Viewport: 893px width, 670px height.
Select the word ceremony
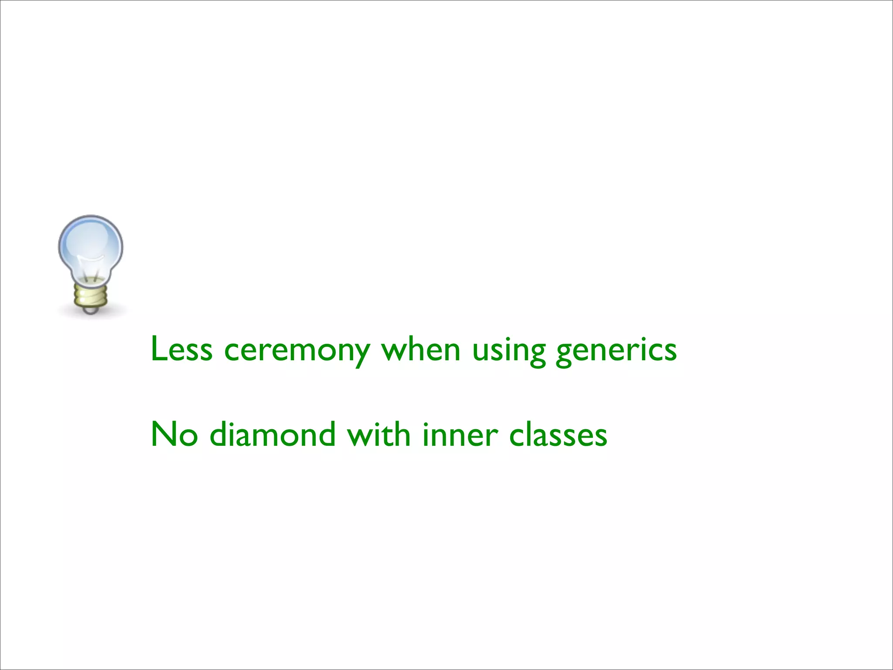pyautogui.click(x=297, y=351)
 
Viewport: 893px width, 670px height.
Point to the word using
pyautogui.click(x=509, y=351)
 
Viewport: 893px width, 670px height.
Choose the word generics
pyautogui.click(x=616, y=351)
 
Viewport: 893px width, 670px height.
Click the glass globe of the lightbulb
pyautogui.click(x=91, y=244)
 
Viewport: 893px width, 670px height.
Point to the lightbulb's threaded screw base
pyautogui.click(x=91, y=294)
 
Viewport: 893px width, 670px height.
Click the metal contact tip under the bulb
pyautogui.click(x=91, y=310)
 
